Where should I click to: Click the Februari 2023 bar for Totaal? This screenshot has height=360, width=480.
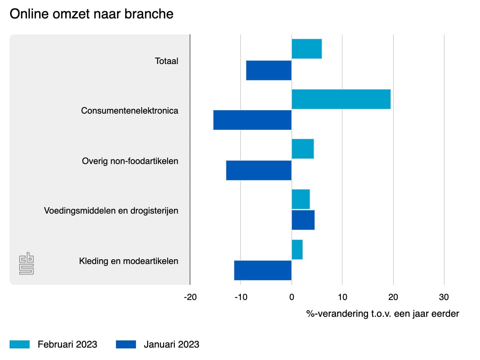(x=306, y=49)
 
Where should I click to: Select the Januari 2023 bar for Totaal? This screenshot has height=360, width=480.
(x=269, y=70)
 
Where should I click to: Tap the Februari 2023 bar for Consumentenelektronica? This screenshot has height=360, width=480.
(x=341, y=99)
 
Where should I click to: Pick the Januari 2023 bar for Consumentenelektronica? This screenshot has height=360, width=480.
(x=252, y=120)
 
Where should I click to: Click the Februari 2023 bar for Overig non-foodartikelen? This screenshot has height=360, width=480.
(x=303, y=149)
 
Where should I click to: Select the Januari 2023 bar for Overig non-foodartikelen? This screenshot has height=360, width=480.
(x=259, y=170)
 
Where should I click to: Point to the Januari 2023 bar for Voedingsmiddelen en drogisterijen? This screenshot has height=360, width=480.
(x=303, y=220)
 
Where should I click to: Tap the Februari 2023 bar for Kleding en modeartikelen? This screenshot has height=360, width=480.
(x=297, y=250)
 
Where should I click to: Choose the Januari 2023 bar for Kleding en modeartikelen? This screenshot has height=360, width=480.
(x=263, y=270)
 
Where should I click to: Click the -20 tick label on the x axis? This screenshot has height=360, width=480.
(x=190, y=297)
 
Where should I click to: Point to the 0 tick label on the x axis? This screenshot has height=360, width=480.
(x=292, y=297)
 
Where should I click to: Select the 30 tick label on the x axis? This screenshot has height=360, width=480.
(x=444, y=297)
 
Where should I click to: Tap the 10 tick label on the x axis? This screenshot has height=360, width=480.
(x=342, y=297)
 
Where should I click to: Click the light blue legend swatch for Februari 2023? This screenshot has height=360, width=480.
(x=20, y=344)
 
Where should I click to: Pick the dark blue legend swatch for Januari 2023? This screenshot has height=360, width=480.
(x=126, y=344)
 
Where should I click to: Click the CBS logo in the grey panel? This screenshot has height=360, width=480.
(x=26, y=263)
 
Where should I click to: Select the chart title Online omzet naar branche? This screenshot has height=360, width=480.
(x=92, y=14)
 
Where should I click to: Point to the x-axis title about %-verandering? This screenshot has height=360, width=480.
(x=383, y=314)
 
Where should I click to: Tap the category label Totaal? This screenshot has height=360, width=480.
(x=166, y=61)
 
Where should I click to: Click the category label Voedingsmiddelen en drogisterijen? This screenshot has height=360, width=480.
(x=111, y=211)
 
